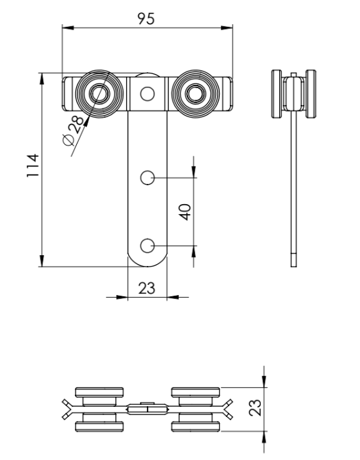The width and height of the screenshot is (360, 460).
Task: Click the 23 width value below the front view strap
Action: [x=146, y=288]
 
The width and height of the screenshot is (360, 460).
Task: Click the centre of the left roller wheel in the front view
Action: [x=100, y=94]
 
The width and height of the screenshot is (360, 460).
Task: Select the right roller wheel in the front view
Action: [x=195, y=94]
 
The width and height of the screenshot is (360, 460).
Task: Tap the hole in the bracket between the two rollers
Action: [x=148, y=94]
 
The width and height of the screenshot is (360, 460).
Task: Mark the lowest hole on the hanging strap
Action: [x=148, y=244]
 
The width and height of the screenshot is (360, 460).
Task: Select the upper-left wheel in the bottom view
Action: [x=99, y=393]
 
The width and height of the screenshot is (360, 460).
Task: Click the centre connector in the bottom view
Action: [x=147, y=408]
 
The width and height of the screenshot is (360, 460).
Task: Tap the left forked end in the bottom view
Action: [x=68, y=408]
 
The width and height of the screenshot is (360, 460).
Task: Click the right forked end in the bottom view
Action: [x=227, y=408]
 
